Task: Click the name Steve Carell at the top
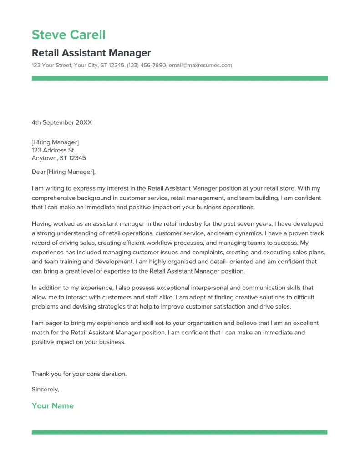(68, 35)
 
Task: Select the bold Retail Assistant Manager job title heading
(91, 53)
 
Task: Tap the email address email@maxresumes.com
(200, 66)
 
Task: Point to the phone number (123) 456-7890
(147, 66)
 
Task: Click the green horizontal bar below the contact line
(179, 78)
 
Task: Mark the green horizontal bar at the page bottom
(179, 432)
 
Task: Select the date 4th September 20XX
(62, 122)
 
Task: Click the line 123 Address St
(53, 150)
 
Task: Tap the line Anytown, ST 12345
(59, 158)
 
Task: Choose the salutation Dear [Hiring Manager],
(64, 172)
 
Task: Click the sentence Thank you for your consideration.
(79, 374)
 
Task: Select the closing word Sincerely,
(46, 390)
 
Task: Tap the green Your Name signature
(52, 406)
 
